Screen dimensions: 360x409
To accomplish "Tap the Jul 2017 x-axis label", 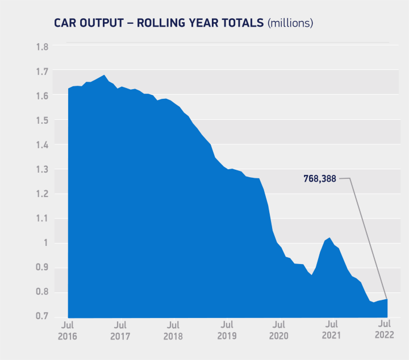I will coord(120,330).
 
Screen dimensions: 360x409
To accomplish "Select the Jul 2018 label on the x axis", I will coord(173,330).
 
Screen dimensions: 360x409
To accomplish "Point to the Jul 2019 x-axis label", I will coord(227,330).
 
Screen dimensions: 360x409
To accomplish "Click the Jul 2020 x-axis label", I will coord(278,330).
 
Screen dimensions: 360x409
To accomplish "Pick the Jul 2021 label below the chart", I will coord(331,330).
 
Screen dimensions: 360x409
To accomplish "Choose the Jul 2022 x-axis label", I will coord(384,330).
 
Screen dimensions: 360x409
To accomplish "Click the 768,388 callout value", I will coord(320,178).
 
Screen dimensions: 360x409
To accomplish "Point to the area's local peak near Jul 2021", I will coord(329,238).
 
